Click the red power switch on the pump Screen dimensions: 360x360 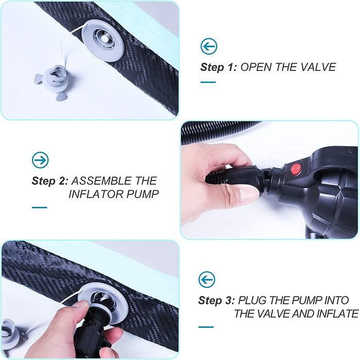tap(296, 169)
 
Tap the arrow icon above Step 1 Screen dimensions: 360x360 tap(209, 46)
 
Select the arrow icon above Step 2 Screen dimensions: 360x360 tap(40, 160)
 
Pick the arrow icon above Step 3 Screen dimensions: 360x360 tap(207, 280)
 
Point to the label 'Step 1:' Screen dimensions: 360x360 tap(219, 67)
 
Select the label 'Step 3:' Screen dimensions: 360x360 tap(217, 300)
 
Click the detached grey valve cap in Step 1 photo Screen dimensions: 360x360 tap(52, 81)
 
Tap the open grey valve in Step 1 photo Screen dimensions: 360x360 tap(103, 41)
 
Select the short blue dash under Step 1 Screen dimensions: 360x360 tap(208, 82)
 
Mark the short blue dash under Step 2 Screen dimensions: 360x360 tap(40, 208)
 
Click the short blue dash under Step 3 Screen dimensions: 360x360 tap(206, 327)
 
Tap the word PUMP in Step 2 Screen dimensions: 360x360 tap(142, 194)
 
